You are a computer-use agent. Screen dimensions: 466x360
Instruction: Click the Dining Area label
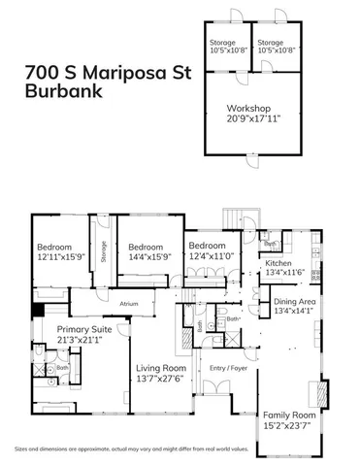pos(290,302)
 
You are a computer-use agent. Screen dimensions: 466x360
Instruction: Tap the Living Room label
pos(160,369)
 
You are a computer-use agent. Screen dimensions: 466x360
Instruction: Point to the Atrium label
pos(129,304)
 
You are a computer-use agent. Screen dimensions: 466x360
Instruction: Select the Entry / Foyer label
pos(225,369)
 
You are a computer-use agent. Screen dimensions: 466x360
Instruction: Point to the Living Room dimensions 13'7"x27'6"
pos(160,379)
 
